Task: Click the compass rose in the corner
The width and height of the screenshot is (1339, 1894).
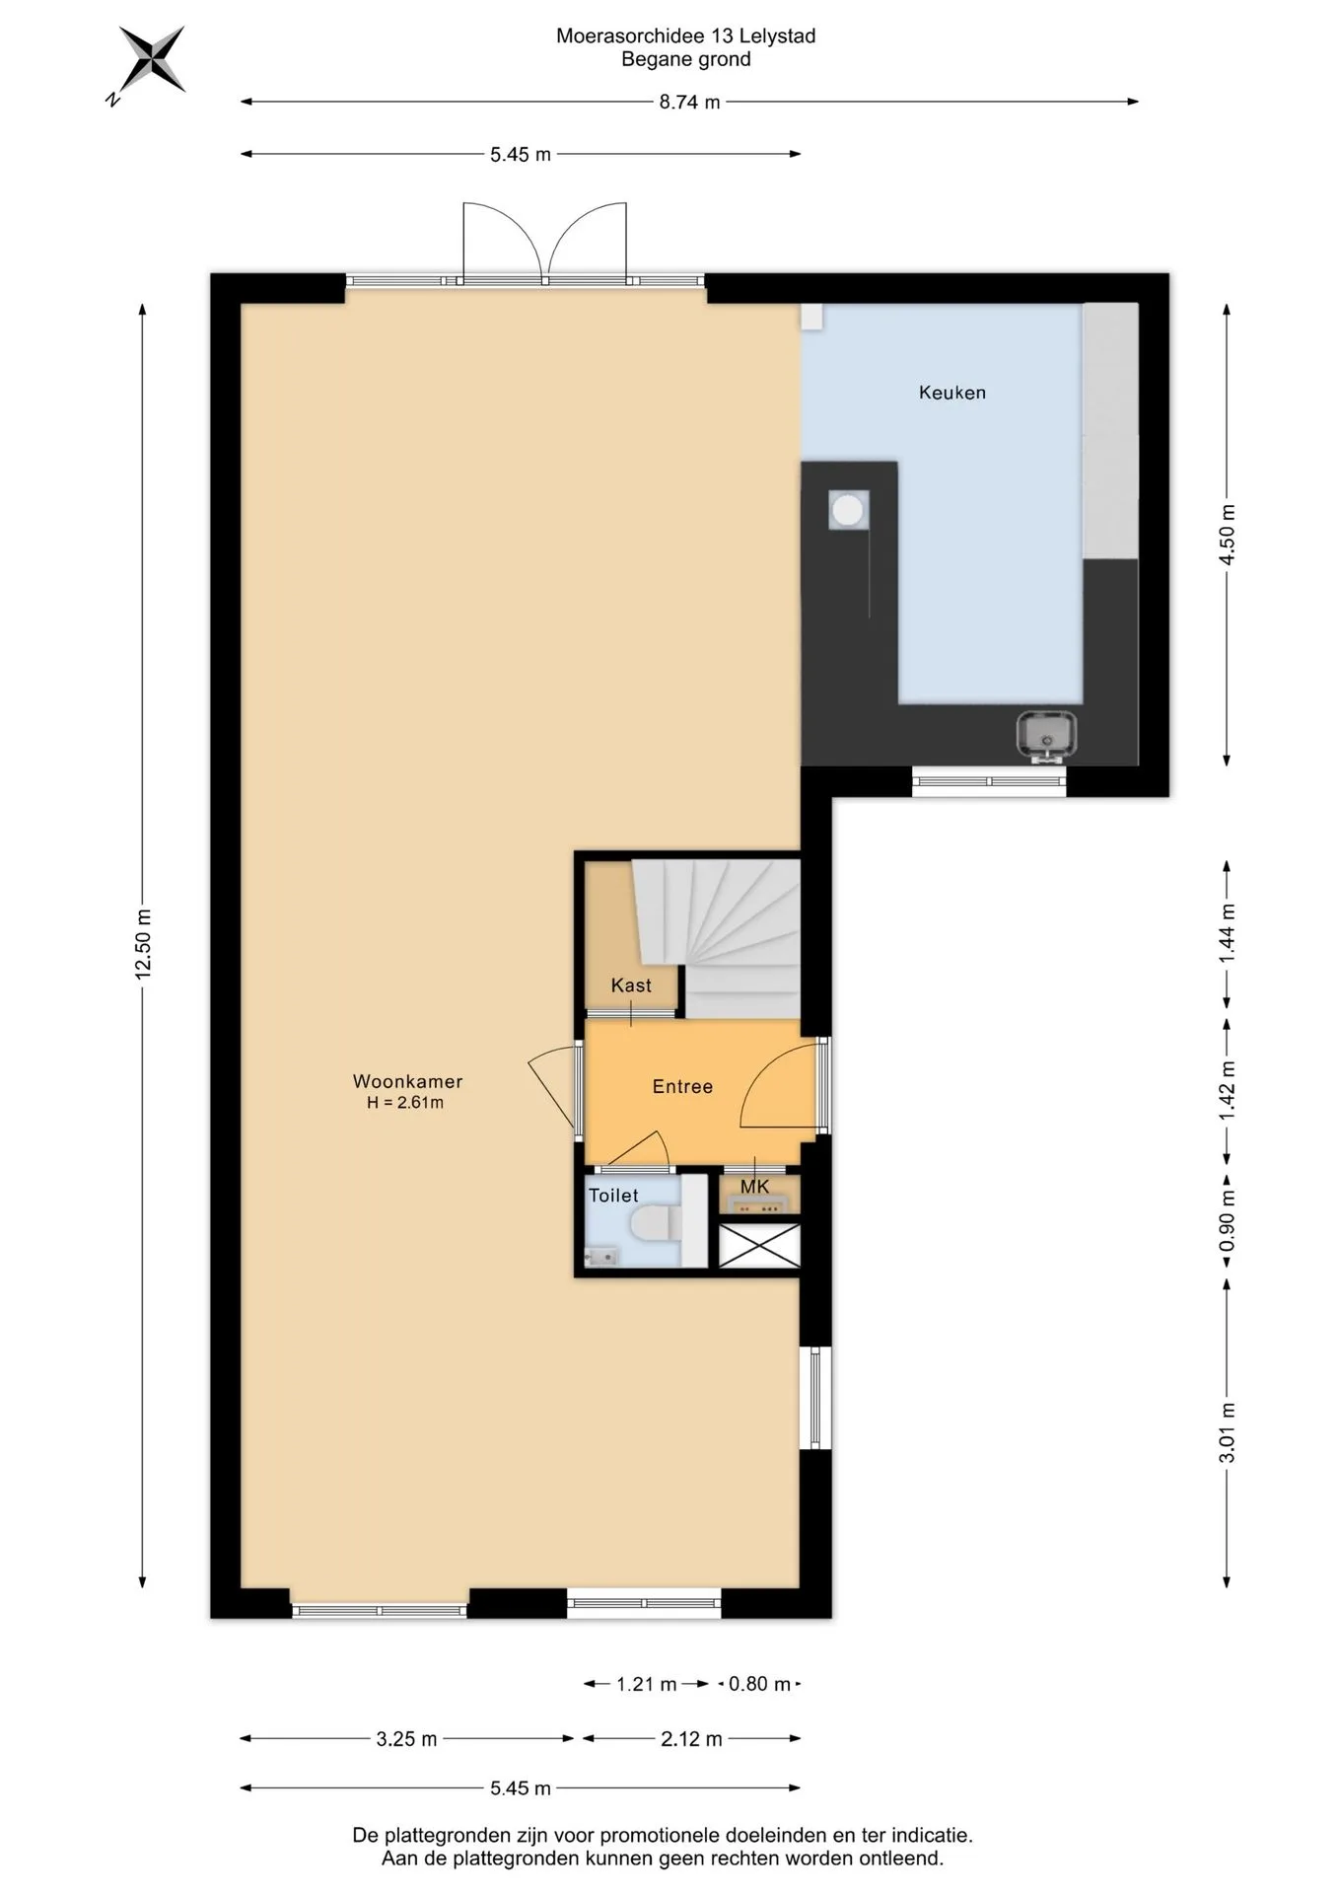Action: (x=151, y=61)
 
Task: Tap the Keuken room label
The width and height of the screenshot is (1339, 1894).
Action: (x=951, y=393)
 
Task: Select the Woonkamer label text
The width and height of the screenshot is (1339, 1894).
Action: (x=407, y=1081)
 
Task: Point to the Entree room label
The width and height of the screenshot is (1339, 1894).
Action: (x=682, y=1086)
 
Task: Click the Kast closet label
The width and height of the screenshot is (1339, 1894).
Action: (x=631, y=985)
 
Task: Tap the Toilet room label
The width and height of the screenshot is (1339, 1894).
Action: (x=613, y=1196)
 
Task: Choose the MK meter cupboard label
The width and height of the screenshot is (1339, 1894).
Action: (x=754, y=1187)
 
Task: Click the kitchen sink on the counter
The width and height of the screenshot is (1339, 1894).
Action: (x=1046, y=735)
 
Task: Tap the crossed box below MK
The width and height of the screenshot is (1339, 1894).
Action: (x=759, y=1245)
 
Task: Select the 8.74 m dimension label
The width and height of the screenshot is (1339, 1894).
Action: (x=689, y=102)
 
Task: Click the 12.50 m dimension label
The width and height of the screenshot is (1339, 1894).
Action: (x=143, y=944)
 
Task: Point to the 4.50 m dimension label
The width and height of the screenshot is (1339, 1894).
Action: (x=1227, y=534)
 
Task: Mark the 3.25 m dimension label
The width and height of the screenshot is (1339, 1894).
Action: (x=406, y=1739)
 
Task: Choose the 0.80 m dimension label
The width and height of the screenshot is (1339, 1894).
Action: (x=759, y=1684)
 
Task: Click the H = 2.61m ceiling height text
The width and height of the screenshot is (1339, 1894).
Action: (x=405, y=1103)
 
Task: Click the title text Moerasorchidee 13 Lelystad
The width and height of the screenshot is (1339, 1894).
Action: (x=686, y=36)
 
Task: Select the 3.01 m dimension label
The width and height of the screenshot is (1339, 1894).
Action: (x=1227, y=1432)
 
